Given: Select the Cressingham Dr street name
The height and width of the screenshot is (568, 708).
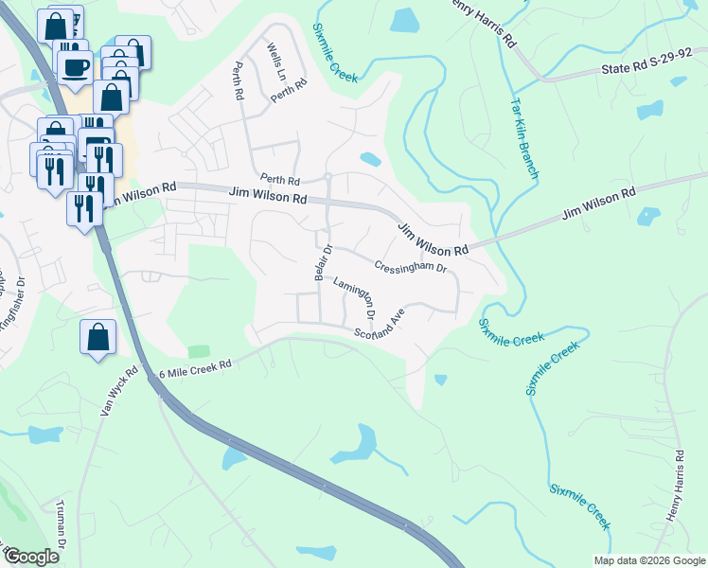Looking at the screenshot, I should click(409, 268).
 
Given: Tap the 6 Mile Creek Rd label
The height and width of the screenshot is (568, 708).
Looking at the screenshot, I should click(196, 368).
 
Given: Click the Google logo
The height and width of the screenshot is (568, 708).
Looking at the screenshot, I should click(30, 556).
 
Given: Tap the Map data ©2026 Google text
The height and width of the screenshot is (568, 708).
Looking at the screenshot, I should click(648, 560).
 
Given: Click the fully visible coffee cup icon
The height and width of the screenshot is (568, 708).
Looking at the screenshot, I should click(75, 65).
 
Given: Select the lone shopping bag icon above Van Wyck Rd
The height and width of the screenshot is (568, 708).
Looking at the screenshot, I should click(97, 337).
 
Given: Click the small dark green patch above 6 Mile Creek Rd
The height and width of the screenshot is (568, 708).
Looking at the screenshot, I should click(199, 351).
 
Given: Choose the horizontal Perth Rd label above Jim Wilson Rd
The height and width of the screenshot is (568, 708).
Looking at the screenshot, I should click(280, 180).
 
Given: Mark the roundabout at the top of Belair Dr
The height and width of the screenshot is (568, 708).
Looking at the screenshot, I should click(327, 176).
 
